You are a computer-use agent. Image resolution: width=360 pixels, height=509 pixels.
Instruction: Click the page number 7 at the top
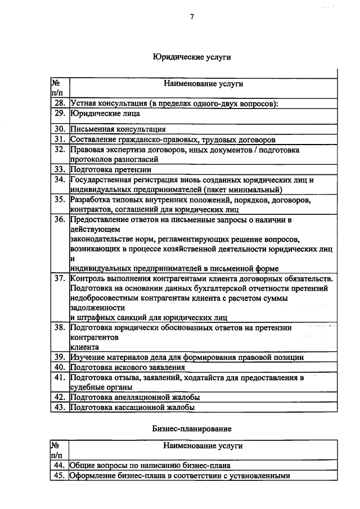pos(192,16)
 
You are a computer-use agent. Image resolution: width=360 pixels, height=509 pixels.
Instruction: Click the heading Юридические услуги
pos(192,57)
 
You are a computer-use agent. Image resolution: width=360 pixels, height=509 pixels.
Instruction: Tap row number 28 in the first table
pos(60,103)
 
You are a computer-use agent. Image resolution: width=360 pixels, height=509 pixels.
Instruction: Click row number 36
pos(60,219)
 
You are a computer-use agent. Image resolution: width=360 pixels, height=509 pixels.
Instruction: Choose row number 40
pos(60,367)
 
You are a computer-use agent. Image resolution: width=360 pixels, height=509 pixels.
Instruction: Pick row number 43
pos(60,407)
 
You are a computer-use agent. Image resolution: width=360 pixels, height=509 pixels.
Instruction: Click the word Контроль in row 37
pos(88,279)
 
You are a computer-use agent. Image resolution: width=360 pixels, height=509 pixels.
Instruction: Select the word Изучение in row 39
pos(88,357)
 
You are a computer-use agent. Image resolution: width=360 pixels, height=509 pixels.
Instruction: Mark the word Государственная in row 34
pos(101,179)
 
